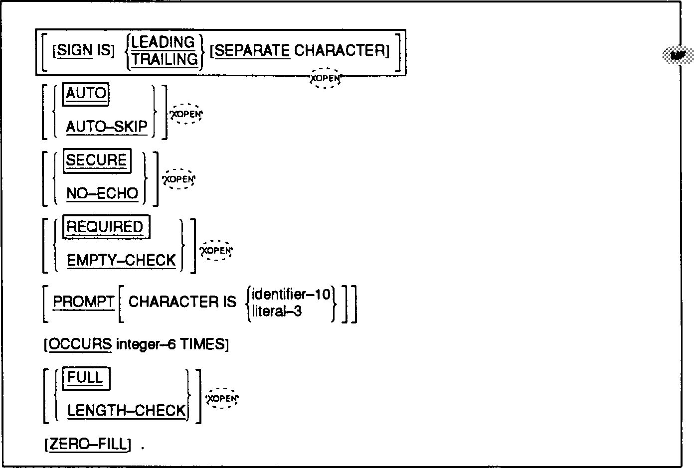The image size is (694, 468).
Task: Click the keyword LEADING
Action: click(163, 42)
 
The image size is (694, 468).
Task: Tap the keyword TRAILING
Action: click(165, 59)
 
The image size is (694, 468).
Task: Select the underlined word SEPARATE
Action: click(252, 51)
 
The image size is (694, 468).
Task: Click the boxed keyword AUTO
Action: click(86, 94)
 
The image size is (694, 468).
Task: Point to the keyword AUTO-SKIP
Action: click(107, 127)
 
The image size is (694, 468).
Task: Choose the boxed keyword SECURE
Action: click(97, 160)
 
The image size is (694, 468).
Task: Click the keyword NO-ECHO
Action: click(102, 193)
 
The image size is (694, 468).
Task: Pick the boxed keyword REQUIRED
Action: click(105, 227)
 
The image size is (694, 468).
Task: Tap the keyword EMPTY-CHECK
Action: click(121, 261)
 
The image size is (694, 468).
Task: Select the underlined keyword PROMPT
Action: click(84, 302)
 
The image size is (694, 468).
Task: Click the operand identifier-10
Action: click(291, 295)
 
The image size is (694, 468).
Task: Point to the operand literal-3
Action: click(277, 312)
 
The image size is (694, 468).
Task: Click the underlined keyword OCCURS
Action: click(80, 344)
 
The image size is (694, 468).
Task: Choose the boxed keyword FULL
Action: click(86, 378)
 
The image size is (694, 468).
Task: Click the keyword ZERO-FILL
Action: click(88, 444)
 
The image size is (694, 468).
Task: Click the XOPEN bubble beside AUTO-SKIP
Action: click(186, 114)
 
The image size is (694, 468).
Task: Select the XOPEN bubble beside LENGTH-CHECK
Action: click(222, 398)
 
